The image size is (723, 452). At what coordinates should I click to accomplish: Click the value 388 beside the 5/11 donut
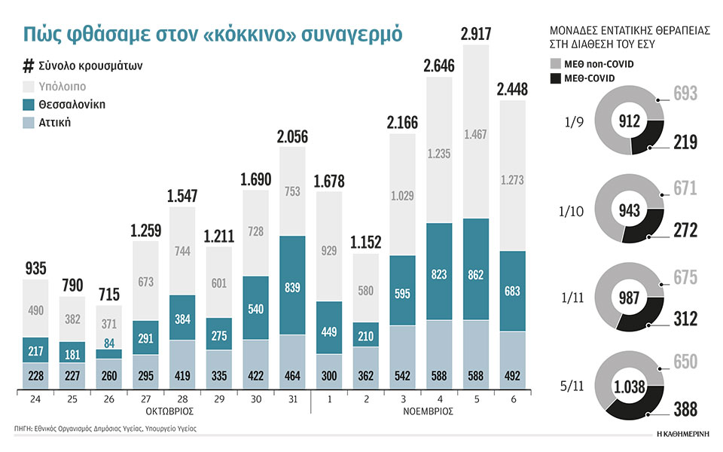click(x=685, y=409)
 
